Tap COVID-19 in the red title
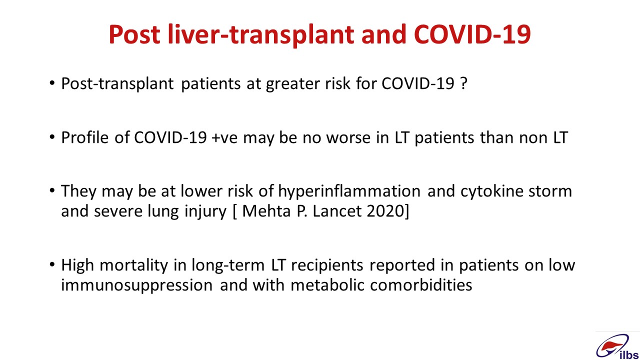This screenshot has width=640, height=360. [x=472, y=34]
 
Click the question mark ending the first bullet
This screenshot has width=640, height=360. [x=464, y=83]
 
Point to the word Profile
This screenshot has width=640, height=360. [x=85, y=137]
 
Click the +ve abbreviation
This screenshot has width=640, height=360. [x=225, y=138]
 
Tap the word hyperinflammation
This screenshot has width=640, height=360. [x=349, y=191]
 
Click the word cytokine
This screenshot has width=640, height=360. [x=491, y=191]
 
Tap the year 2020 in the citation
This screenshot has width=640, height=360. [x=385, y=211]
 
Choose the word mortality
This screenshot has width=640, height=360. [x=134, y=265]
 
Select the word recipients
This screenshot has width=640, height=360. [x=327, y=265]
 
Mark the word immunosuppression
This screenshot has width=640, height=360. [x=137, y=285]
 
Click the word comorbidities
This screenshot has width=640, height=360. [x=421, y=285]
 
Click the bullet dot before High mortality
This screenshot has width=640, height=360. [x=51, y=264]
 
